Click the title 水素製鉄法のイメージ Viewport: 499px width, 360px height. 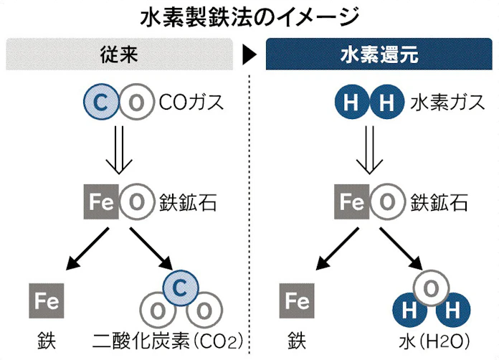coord(249,15)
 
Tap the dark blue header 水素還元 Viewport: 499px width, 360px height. coord(378,55)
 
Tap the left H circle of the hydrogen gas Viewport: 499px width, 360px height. coord(351,103)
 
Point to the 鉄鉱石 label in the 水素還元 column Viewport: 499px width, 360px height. coord(439,202)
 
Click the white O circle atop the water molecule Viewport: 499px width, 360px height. coord(427,288)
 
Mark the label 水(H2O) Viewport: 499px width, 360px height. coord(427,338)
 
